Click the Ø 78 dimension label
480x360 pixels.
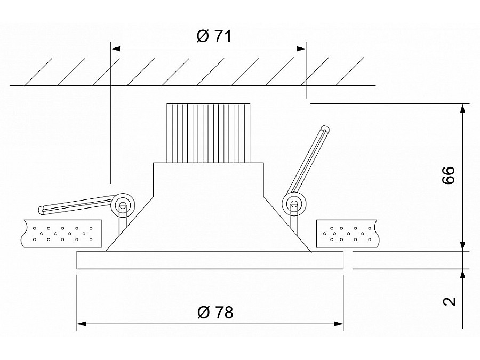pyautogui.click(x=215, y=312)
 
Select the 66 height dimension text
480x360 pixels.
pyautogui.click(x=449, y=175)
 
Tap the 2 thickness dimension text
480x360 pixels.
pyautogui.click(x=450, y=301)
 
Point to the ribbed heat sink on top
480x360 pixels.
pyautogui.click(x=209, y=132)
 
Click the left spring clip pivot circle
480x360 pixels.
pyautogui.click(x=123, y=204)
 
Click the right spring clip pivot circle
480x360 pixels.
pyautogui.click(x=292, y=203)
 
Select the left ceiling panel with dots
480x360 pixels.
pyautogui.click(x=62, y=233)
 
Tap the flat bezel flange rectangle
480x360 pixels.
pyautogui.click(x=210, y=260)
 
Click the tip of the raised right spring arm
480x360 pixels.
pyautogui.click(x=325, y=129)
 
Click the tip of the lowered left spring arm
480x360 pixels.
pyautogui.click(x=43, y=210)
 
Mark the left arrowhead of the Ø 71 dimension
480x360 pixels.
pyautogui.click(x=115, y=49)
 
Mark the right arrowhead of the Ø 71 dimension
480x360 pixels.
pyautogui.click(x=301, y=49)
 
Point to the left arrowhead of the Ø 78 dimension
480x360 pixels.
pyautogui.click(x=82, y=323)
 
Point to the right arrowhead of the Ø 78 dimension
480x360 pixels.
pyautogui.click(x=338, y=323)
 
